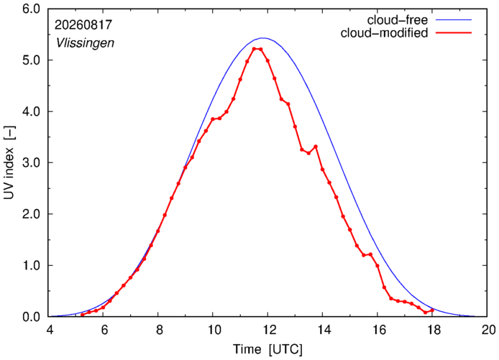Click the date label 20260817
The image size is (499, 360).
83,25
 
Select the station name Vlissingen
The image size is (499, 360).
85,43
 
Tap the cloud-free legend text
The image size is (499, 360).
398,20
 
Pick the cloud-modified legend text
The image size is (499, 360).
384,33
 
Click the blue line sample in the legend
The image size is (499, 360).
454,19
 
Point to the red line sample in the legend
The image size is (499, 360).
454,33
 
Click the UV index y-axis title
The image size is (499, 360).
9,163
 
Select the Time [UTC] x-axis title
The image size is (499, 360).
267,349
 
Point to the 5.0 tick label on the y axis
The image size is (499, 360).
32,60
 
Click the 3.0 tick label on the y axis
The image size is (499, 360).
32,163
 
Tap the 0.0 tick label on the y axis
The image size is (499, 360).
32,317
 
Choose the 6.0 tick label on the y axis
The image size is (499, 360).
32,9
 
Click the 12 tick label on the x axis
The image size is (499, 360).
268,330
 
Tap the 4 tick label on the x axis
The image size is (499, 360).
50,330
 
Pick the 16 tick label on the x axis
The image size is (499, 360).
378,330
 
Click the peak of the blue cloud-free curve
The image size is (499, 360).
263,38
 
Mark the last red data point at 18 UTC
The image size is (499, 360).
432,310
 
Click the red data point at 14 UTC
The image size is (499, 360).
322,169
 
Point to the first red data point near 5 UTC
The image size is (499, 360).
83,315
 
